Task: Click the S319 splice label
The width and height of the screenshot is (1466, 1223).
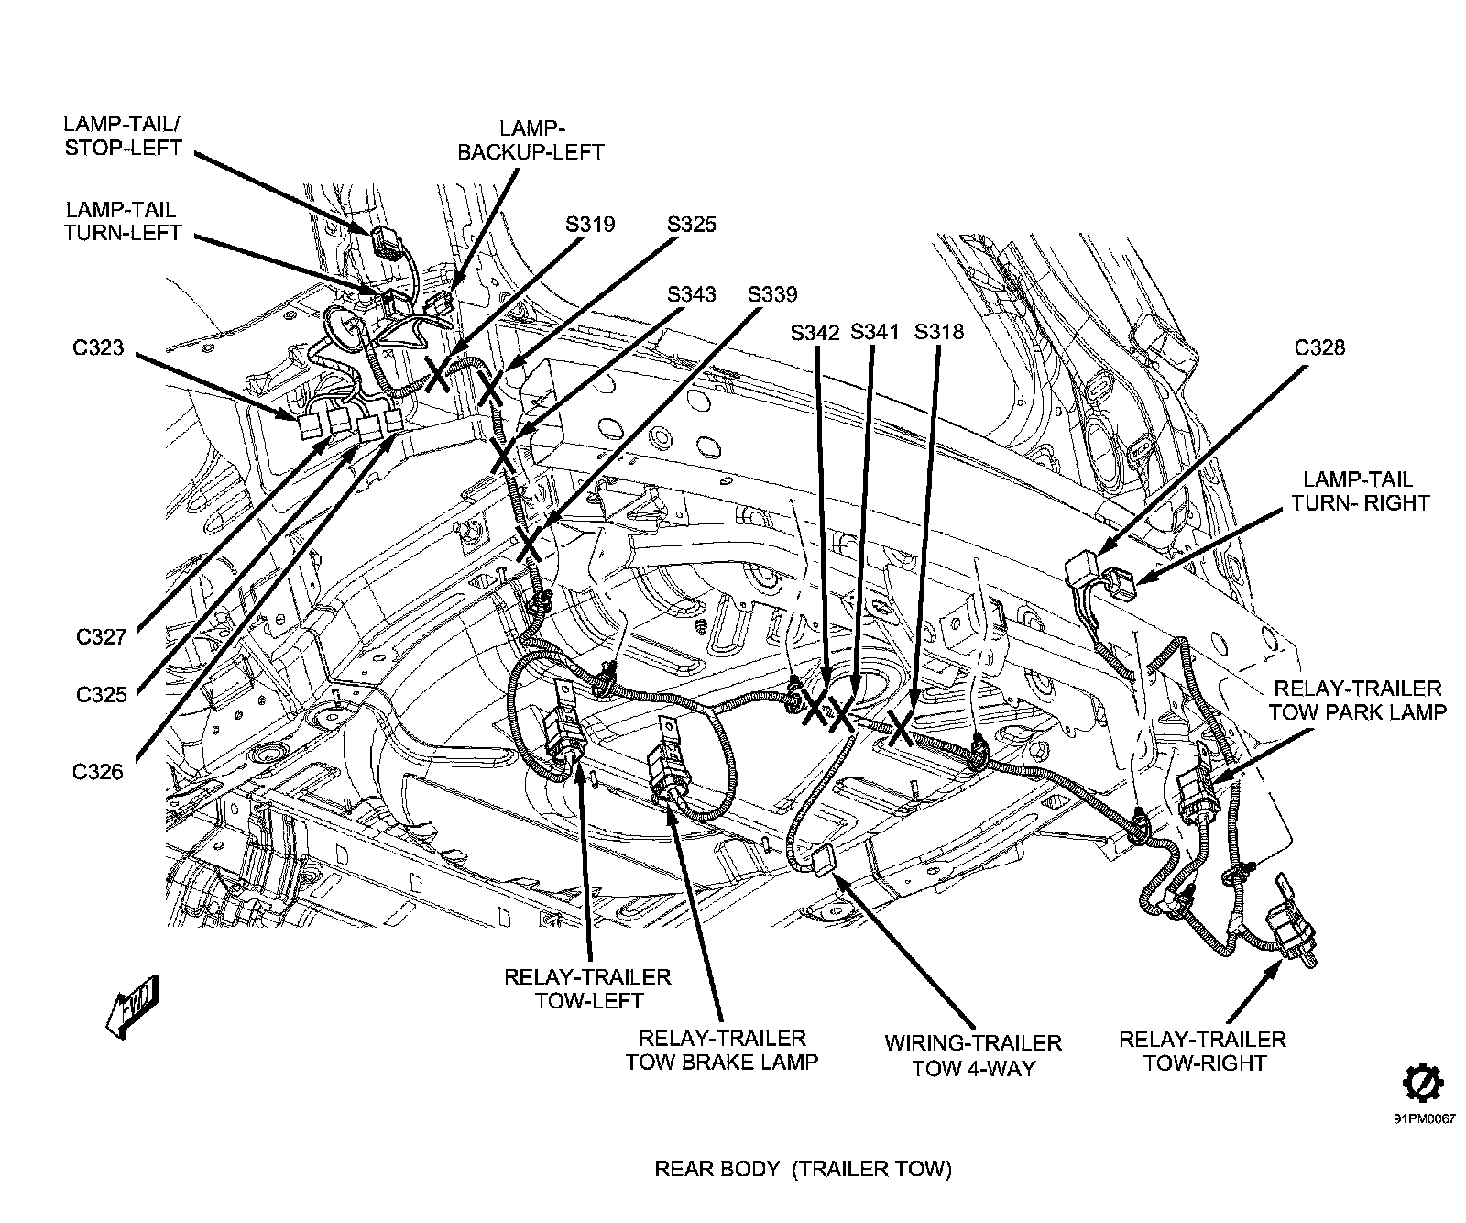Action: (x=590, y=225)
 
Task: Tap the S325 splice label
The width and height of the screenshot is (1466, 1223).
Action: (x=691, y=225)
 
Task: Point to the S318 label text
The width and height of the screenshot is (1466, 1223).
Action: (x=939, y=332)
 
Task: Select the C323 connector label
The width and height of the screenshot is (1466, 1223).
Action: (x=98, y=348)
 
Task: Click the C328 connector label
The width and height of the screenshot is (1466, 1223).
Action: (x=1319, y=347)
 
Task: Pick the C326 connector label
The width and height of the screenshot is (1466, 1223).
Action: (x=98, y=771)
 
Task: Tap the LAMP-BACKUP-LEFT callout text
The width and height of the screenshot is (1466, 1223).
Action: (x=531, y=140)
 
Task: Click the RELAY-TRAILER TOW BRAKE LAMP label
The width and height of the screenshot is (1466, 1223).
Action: (x=721, y=1050)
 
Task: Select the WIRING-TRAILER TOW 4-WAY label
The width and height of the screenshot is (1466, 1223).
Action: (x=973, y=1055)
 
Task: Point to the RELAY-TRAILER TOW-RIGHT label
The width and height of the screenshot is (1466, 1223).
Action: (x=1202, y=1051)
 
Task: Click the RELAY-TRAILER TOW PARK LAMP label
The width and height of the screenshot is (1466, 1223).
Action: (x=1358, y=700)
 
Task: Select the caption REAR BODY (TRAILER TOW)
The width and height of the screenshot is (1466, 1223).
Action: (x=803, y=1169)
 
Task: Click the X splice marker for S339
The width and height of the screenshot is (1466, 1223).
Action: (x=529, y=542)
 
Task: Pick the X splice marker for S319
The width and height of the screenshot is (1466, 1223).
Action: (x=437, y=374)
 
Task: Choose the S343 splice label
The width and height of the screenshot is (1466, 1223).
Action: (x=691, y=294)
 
